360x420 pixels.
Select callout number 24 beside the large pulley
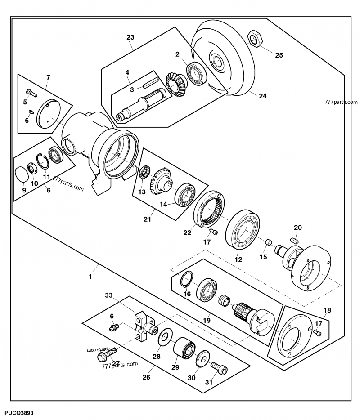click(x=263, y=95)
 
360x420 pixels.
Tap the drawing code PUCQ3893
click(x=19, y=412)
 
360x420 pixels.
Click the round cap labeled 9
click(x=22, y=174)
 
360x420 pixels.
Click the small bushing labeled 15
click(x=268, y=243)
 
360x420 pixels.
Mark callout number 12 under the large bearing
click(x=238, y=260)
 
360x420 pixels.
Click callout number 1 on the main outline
click(x=90, y=277)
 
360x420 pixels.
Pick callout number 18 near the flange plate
click(x=327, y=310)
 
